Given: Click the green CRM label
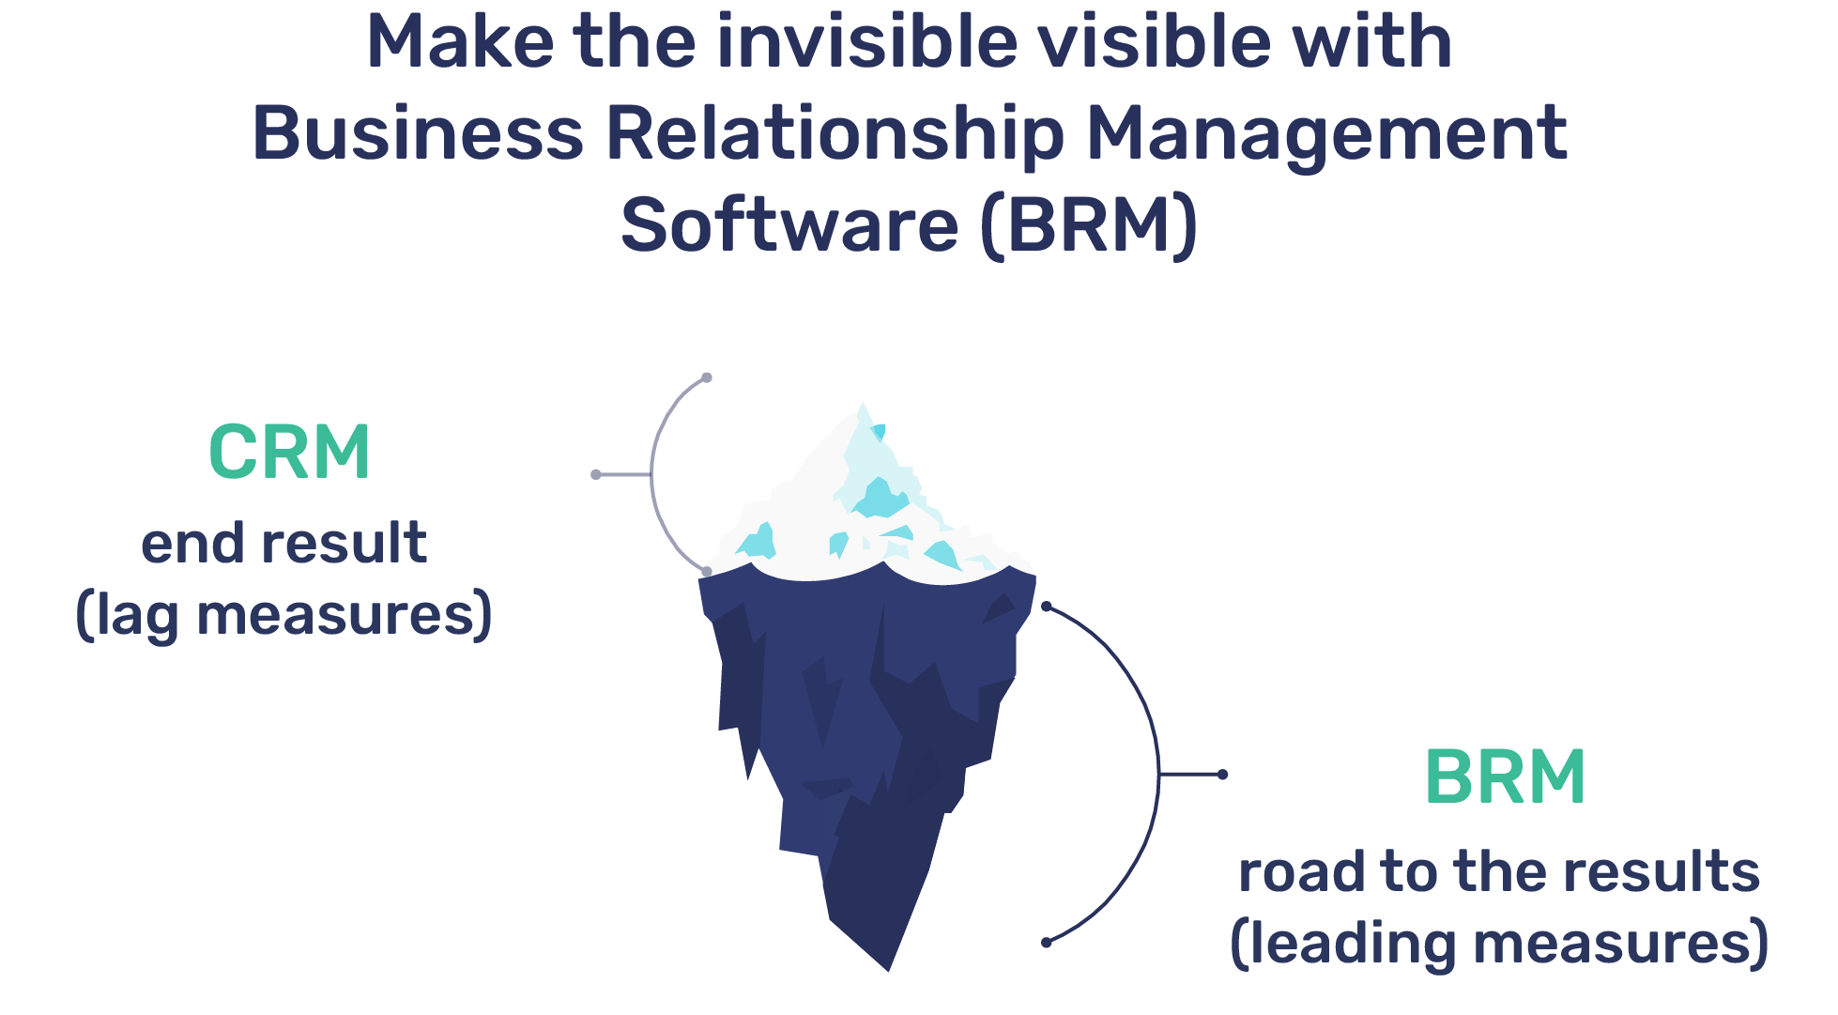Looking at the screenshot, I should pos(289,453).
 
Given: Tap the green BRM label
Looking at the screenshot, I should pos(1505,777).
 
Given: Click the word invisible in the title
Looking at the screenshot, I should pos(865,42).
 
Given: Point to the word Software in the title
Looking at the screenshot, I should pos(789,225).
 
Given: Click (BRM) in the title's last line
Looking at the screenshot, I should pos(1089,225).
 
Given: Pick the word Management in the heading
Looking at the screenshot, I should pos(1326,135).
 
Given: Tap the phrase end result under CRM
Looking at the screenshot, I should pos(283,543).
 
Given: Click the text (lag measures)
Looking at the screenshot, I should pos(283,615).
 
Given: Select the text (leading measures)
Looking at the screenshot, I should pos(1499,944).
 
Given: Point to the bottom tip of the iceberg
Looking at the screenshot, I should pos(887,967).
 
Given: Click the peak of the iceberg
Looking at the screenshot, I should pos(863,406).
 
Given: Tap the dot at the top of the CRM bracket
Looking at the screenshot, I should pos(707,377).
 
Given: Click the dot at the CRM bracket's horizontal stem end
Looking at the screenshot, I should pos(596,474).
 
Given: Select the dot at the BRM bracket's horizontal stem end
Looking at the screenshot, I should pos(1222,775).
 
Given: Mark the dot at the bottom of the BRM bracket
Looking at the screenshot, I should pos(1047,943).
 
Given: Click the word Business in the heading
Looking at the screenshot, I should pos(419,133).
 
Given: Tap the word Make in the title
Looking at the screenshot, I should pos(460,42).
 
